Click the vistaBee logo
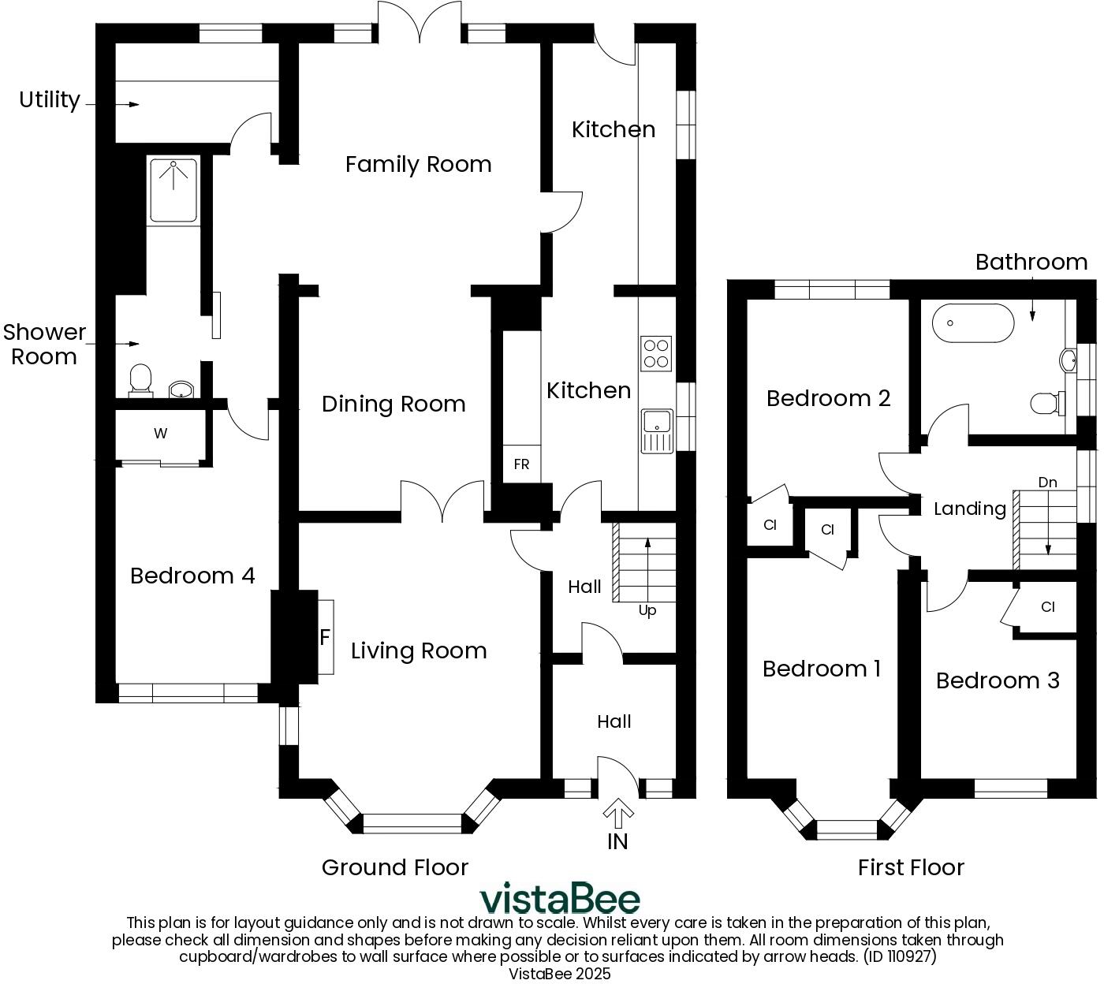click(x=560, y=899)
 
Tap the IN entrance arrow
click(x=618, y=812)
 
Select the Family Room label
click(x=418, y=164)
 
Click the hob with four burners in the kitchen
click(x=656, y=353)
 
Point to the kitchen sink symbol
click(x=656, y=430)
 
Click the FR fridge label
click(x=521, y=464)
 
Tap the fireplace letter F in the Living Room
click(x=324, y=637)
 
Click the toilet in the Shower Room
click(x=140, y=378)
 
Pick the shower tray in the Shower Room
click(x=173, y=189)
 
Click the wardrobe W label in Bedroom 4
click(x=161, y=433)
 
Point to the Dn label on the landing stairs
click(x=1047, y=482)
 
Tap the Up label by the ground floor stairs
click(x=647, y=610)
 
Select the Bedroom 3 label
click(x=998, y=680)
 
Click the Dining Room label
click(x=393, y=404)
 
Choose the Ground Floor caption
click(x=395, y=867)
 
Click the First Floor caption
click(x=911, y=867)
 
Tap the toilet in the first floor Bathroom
click(x=1044, y=404)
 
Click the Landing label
click(x=969, y=509)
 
